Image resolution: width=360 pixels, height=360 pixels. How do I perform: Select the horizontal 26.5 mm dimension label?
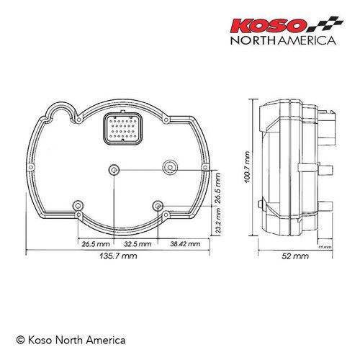pos(95,245)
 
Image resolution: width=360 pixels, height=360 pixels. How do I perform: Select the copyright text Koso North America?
pos(71,338)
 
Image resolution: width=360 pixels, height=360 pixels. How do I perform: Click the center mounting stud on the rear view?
pos(114,168)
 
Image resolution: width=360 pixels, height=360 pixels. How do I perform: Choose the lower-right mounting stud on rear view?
pos(158,204)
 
